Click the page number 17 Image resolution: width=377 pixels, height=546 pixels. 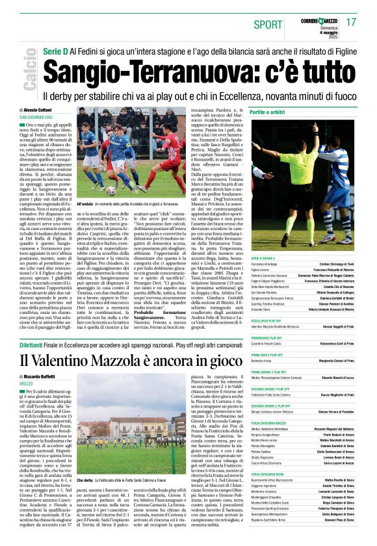pos(351,22)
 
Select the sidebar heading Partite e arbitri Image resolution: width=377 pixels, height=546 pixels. pos(267,112)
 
